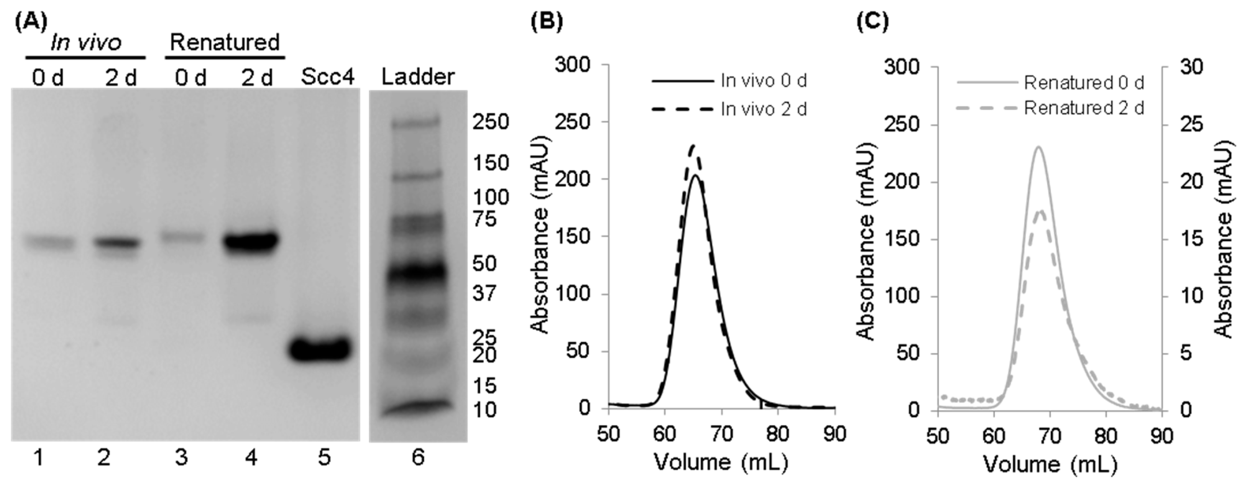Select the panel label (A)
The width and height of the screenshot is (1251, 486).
(x=31, y=22)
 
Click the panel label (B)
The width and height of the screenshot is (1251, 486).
(x=546, y=22)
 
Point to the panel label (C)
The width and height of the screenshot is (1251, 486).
(x=872, y=22)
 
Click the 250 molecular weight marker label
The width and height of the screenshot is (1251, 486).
(x=491, y=122)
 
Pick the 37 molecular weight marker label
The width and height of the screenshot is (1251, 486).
(x=484, y=293)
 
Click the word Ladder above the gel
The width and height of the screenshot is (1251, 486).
(x=418, y=77)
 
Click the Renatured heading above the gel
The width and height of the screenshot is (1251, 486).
(x=225, y=43)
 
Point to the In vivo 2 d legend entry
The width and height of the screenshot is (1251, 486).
(x=763, y=109)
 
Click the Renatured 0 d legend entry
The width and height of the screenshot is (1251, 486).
(x=1084, y=83)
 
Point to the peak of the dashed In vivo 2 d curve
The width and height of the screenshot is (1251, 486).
(x=693, y=145)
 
